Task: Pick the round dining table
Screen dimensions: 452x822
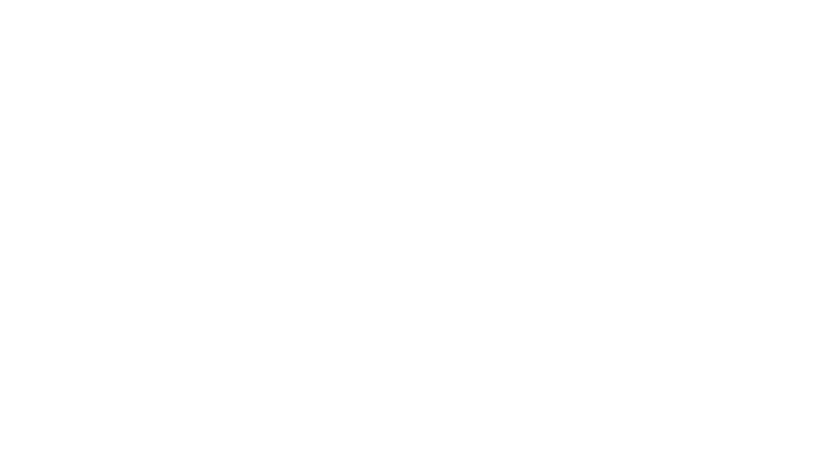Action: [x=671, y=193]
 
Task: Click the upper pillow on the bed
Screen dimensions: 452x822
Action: [x=99, y=270]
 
